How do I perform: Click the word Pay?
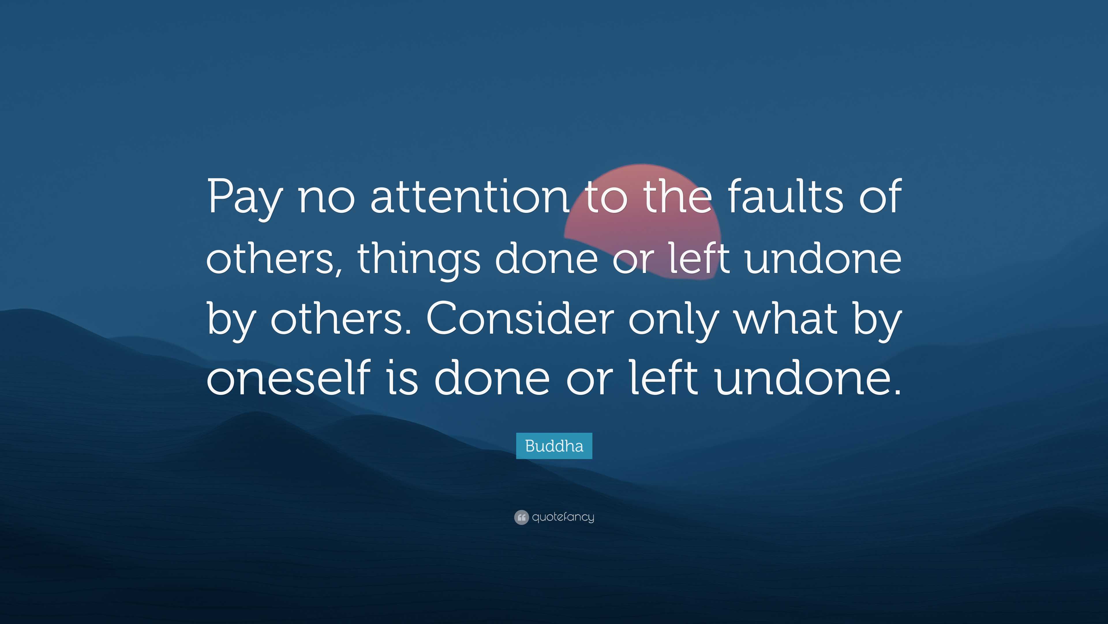[244, 198]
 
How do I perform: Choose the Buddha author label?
[554, 446]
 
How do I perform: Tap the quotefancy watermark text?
[563, 517]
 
